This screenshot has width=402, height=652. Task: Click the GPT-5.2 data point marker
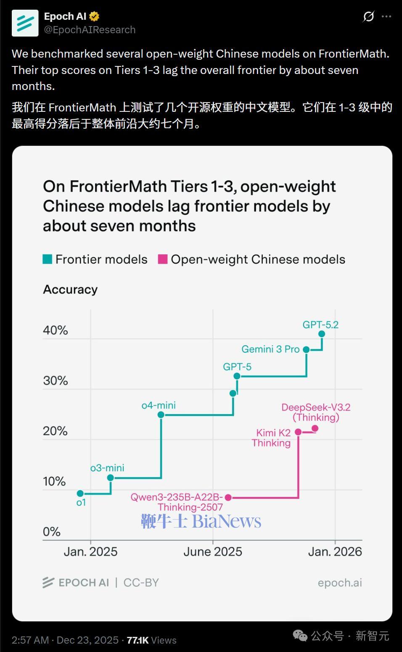pos(322,334)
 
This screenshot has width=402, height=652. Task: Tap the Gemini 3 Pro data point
pos(306,350)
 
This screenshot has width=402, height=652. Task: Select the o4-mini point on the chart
pos(161,415)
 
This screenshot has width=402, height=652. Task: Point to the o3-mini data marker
pos(110,478)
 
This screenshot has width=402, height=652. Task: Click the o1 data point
pos(80,494)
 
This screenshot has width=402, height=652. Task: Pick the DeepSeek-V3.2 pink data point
pos(315,428)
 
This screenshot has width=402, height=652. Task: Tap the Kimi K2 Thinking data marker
pos(298,432)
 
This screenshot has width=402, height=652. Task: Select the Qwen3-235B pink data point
pos(228,497)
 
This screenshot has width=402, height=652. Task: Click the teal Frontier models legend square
pos(48,259)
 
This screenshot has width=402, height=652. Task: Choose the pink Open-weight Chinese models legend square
pos(162,259)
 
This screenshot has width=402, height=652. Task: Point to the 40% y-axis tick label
pos(55,330)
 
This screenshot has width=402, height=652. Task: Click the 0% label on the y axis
pos(52,532)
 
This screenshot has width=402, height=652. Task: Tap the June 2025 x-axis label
pos(213,552)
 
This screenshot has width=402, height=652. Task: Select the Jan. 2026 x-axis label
pos(335,552)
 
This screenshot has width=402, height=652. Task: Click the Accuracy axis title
pos(70,290)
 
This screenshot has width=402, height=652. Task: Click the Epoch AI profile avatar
pos(25,23)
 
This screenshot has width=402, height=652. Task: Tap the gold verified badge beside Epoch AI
pos(94,16)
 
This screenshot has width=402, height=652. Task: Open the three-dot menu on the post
pos(386,16)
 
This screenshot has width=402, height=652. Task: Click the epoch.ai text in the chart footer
pos(340,583)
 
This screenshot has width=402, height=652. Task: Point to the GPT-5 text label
pos(237,367)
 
